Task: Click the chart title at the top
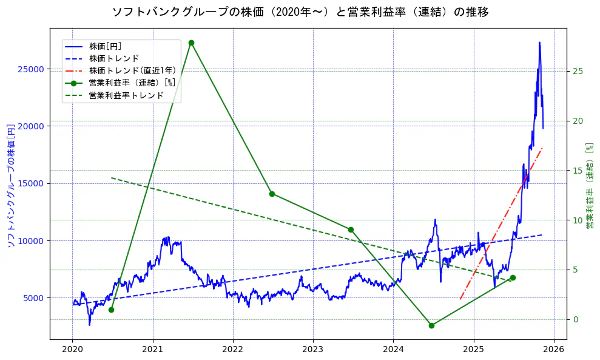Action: click(300, 12)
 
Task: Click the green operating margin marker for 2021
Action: click(191, 42)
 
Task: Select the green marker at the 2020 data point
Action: click(111, 310)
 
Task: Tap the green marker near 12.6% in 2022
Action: click(272, 194)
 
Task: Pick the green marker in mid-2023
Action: click(351, 229)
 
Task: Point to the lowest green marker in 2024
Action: click(431, 325)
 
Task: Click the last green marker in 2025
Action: click(513, 277)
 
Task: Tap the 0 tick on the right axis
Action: click(575, 319)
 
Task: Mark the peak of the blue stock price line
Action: click(539, 42)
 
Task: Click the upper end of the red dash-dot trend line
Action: click(542, 148)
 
